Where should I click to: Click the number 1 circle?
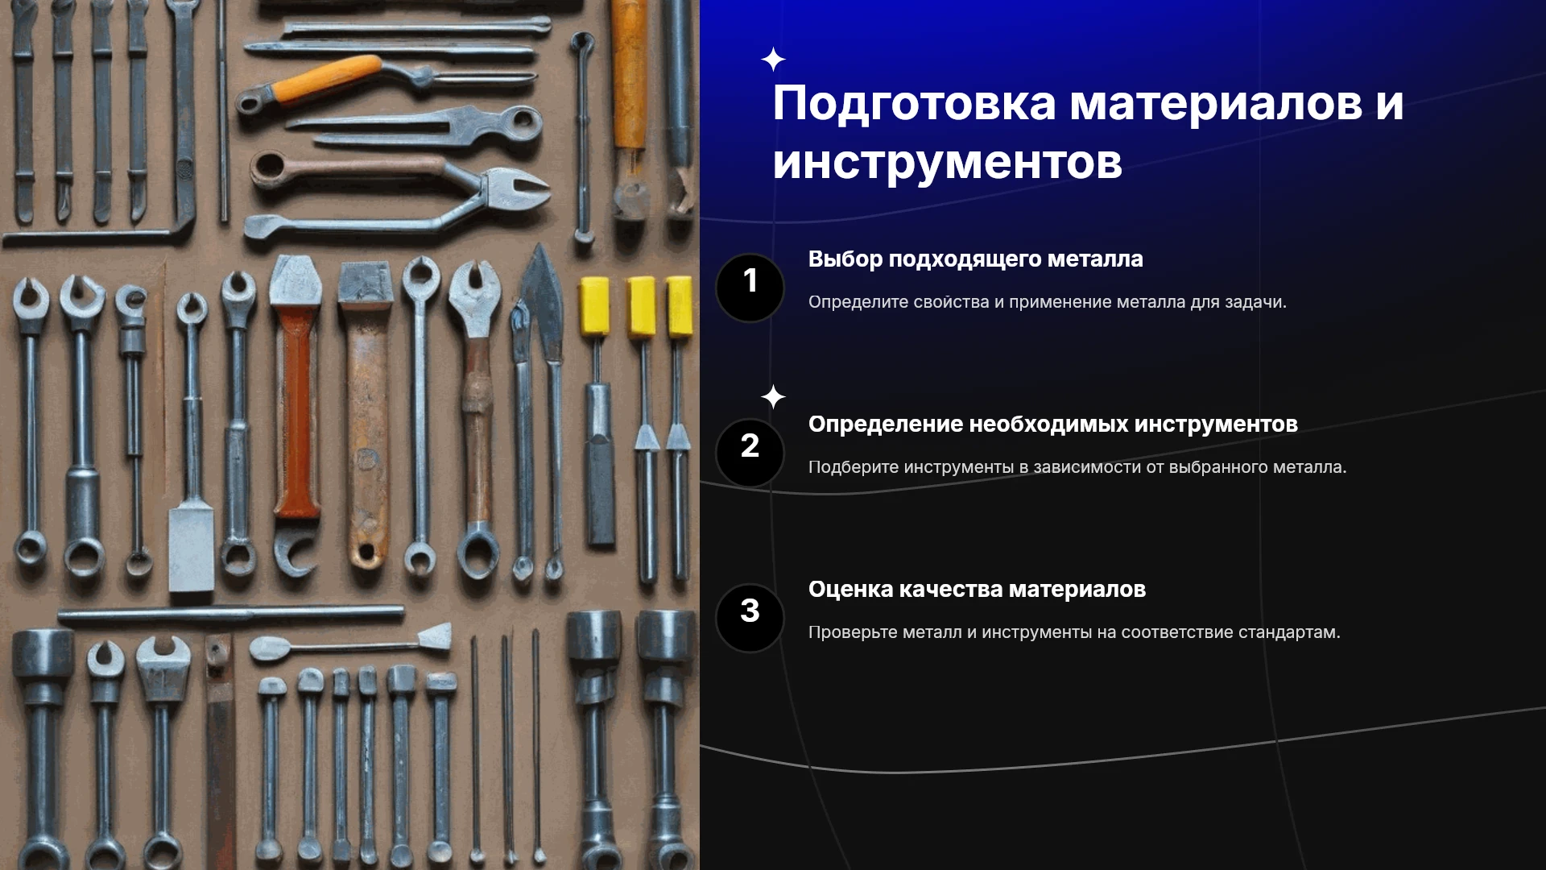(x=750, y=288)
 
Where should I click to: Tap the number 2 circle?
(x=750, y=453)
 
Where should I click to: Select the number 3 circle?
(x=750, y=618)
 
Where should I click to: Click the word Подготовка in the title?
(x=914, y=105)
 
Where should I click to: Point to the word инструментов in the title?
(x=947, y=164)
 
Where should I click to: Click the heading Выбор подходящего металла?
(x=975, y=259)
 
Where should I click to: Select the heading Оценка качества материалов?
(x=977, y=590)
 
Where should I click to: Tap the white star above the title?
(x=773, y=59)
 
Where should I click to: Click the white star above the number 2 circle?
(x=773, y=396)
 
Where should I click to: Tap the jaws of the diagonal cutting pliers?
(x=515, y=190)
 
